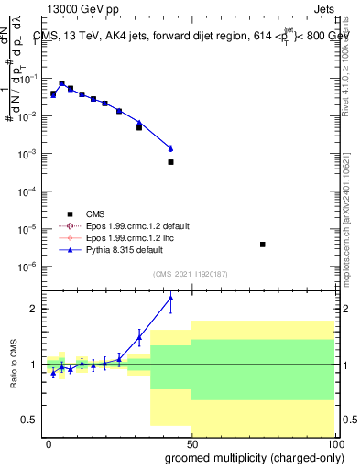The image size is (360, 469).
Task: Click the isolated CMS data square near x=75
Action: click(263, 245)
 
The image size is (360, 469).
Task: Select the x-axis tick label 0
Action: click(49, 442)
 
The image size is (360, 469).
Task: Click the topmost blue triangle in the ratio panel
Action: click(170, 298)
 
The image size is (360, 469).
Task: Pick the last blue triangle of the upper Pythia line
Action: click(170, 148)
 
